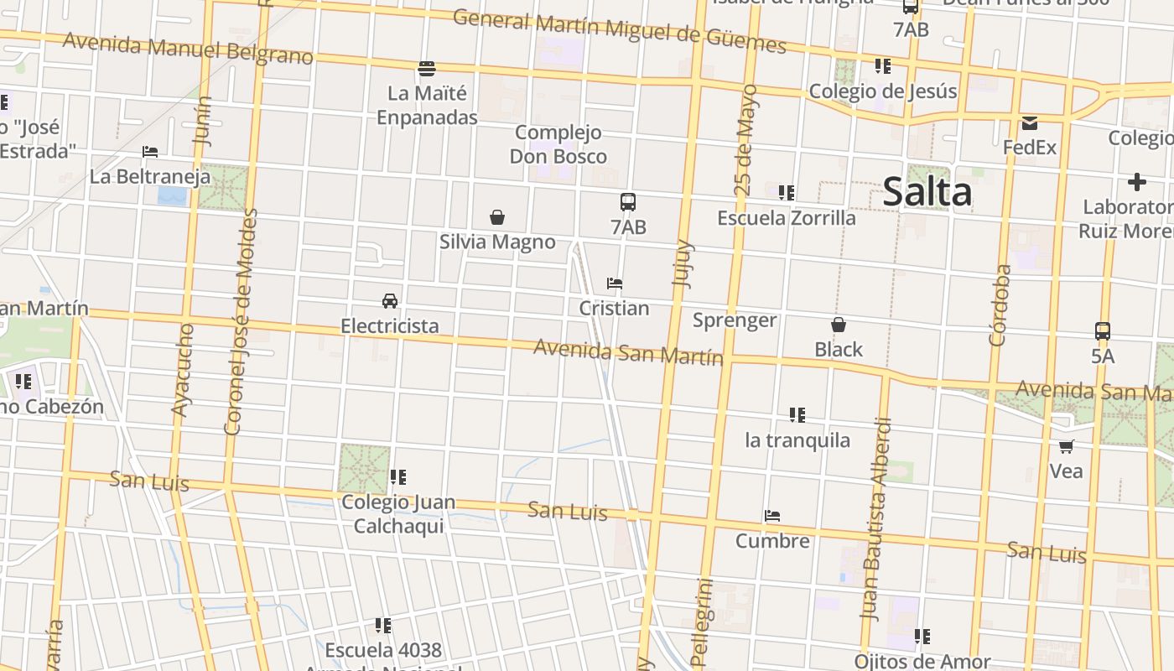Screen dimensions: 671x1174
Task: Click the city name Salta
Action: pos(927,192)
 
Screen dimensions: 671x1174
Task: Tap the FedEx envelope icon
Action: pos(1029,123)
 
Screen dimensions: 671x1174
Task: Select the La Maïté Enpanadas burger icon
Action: pos(427,68)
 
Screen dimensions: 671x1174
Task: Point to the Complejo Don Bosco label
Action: pos(558,144)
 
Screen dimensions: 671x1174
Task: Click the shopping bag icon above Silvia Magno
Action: pos(497,217)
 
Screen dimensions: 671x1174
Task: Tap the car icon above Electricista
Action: pos(390,301)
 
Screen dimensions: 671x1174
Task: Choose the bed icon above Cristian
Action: pos(615,283)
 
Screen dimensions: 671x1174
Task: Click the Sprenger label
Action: pos(735,320)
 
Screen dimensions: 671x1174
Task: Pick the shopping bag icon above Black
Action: pos(838,325)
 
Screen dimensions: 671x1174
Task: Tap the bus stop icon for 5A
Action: pos(1103,331)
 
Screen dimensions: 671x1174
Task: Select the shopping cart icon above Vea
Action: pos(1066,446)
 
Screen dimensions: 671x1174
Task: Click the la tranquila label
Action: pos(797,440)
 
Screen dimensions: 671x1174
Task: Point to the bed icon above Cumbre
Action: pos(772,516)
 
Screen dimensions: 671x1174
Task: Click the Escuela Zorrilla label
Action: pos(786,218)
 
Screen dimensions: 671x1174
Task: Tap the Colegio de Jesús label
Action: pos(882,91)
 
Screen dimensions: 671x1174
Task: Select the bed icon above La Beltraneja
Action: pos(150,152)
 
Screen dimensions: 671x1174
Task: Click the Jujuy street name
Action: pos(683,264)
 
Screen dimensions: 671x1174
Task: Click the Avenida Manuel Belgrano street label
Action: pos(188,48)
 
